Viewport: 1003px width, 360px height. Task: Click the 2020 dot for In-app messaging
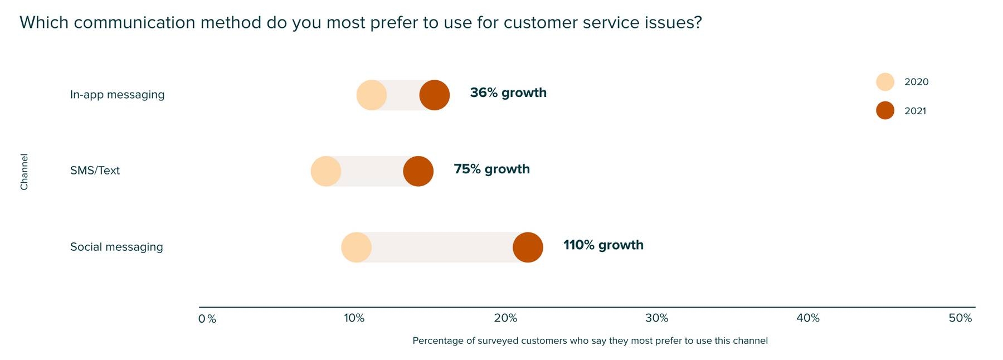click(x=372, y=95)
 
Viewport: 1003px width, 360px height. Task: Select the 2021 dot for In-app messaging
click(x=435, y=95)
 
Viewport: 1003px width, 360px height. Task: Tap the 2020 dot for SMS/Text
click(x=325, y=171)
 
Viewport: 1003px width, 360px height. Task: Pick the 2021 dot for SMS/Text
click(x=418, y=171)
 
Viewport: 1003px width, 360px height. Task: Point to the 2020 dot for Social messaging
click(x=356, y=247)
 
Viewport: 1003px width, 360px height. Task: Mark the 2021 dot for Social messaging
click(x=528, y=247)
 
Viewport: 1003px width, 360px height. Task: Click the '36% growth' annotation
click(x=508, y=93)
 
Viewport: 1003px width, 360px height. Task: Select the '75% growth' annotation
click(x=491, y=169)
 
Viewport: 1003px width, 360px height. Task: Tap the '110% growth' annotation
click(x=603, y=245)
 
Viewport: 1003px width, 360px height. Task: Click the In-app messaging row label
click(x=117, y=95)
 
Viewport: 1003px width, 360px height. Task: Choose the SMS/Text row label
click(x=95, y=171)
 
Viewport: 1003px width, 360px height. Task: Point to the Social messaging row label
click(x=116, y=247)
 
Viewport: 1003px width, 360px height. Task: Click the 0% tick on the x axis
click(x=207, y=319)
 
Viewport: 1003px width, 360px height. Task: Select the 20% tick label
click(x=505, y=318)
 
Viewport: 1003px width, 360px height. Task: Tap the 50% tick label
click(x=960, y=318)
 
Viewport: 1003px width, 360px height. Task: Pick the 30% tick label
click(x=656, y=318)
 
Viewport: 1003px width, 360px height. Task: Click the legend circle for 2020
click(x=885, y=82)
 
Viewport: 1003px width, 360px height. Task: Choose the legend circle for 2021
click(x=885, y=110)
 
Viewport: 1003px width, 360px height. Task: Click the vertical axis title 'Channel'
click(x=25, y=172)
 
